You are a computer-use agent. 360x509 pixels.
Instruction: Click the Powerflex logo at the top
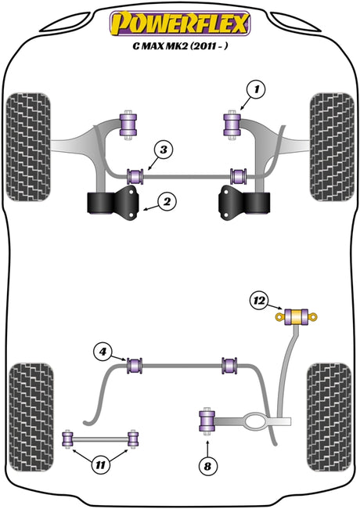coord(180,23)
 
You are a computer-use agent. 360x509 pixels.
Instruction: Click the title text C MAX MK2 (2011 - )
coord(180,45)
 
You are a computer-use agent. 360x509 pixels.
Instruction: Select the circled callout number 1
coord(256,89)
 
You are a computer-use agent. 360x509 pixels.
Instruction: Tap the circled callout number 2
coord(167,202)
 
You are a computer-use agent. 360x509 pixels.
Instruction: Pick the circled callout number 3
coord(164,150)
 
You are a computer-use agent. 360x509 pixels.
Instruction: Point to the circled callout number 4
coord(103,352)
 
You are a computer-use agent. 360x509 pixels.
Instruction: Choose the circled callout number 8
coord(207,467)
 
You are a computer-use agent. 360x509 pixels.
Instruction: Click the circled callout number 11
coord(101,465)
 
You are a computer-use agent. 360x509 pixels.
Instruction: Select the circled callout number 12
coord(259,301)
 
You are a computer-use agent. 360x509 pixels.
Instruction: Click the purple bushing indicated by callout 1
coord(232,125)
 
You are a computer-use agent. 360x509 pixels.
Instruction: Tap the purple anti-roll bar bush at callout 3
coord(136,176)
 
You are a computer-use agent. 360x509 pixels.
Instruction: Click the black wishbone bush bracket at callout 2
coord(113,204)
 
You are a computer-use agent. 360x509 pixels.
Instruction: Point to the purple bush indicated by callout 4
coord(134,366)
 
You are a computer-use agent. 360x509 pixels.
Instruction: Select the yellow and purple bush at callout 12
coord(296,316)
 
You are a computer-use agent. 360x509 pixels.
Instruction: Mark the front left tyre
coord(28,147)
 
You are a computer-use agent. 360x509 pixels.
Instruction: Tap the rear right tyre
coord(329,417)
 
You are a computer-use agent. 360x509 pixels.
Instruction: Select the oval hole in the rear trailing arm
coord(256,421)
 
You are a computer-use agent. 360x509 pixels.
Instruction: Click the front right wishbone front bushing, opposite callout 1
coord(128,125)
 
